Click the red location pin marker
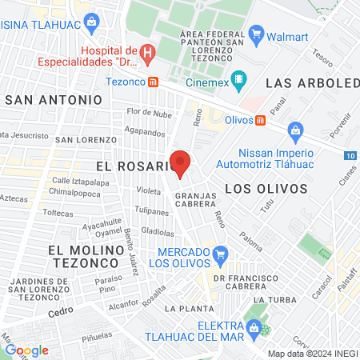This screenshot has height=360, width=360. coord(180,162)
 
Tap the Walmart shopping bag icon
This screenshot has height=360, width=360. coord(257,34)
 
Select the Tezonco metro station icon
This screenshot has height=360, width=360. coord(163,82)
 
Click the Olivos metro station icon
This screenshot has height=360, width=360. coord(260,120)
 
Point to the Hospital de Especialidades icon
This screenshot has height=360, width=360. coord(147,54)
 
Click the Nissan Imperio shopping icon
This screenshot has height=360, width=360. coord(295,129)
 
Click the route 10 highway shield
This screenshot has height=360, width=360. coord(352,155)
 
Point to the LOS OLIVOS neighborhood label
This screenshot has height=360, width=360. coord(266,189)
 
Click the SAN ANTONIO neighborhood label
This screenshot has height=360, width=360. coord(54,100)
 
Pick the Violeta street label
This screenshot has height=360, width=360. coord(148,191)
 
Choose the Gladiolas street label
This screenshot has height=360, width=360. coord(158,233)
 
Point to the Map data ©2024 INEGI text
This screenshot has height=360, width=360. coord(312,353)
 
